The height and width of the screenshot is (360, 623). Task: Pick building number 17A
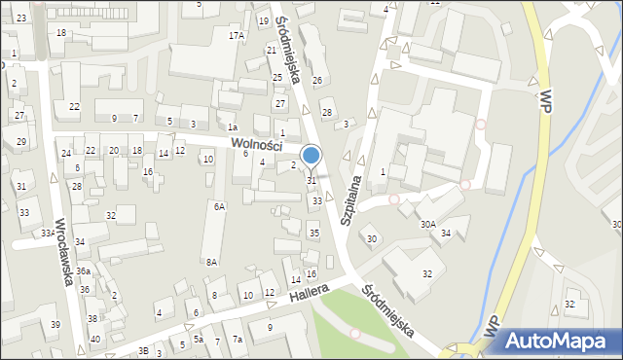click(237, 35)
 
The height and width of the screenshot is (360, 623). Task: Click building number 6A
click(220, 206)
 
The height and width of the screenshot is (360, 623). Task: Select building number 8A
click(211, 262)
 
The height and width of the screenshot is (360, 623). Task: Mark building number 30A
click(427, 224)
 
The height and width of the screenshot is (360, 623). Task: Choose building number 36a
click(84, 270)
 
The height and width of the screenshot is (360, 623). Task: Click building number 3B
click(143, 350)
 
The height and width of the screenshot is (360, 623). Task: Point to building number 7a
click(238, 339)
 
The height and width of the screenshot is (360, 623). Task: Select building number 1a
click(232, 127)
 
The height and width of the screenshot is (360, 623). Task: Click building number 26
click(316, 80)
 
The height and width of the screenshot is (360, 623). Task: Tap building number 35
click(313, 234)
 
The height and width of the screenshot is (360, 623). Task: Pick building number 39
click(55, 324)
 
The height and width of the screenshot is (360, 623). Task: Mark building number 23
click(21, 18)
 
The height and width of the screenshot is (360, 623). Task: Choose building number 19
click(263, 20)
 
